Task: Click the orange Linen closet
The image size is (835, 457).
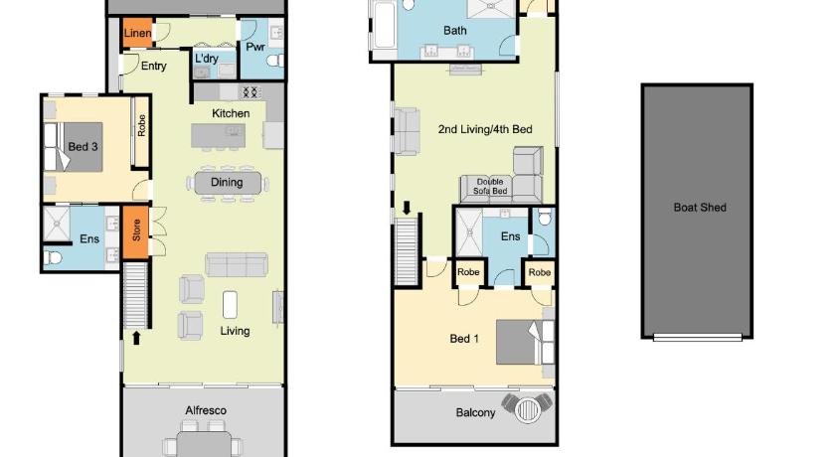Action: [137, 33]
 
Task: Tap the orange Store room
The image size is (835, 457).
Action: [136, 232]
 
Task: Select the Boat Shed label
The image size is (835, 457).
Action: [700, 208]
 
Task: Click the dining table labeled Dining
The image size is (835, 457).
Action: [228, 183]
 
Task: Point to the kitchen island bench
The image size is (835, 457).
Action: [219, 136]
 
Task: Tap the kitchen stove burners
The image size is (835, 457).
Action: [250, 92]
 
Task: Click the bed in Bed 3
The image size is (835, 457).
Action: [74, 147]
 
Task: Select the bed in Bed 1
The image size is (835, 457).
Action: [525, 342]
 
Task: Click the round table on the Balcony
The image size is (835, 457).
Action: [527, 409]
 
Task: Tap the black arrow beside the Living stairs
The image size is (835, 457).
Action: [136, 338]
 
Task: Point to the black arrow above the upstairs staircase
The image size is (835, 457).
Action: [407, 208]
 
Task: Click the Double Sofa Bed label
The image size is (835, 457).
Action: [490, 186]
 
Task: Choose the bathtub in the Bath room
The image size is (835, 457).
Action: [384, 25]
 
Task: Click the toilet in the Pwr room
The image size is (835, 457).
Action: [275, 61]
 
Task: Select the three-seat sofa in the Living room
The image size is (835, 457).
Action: [237, 265]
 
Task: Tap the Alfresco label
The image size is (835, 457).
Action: [206, 410]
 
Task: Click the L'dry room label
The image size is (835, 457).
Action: [206, 59]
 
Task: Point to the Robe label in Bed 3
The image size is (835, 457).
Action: [141, 125]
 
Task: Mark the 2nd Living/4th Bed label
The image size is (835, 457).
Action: [485, 129]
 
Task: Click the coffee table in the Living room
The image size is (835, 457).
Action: [230, 305]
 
